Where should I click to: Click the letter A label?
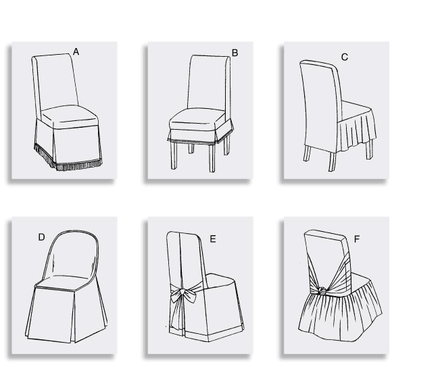point(76,51)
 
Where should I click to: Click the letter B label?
point(235,52)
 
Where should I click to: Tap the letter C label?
point(344,57)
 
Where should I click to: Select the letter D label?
point(41,237)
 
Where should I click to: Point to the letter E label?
point(212,239)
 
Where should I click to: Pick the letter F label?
point(356,239)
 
